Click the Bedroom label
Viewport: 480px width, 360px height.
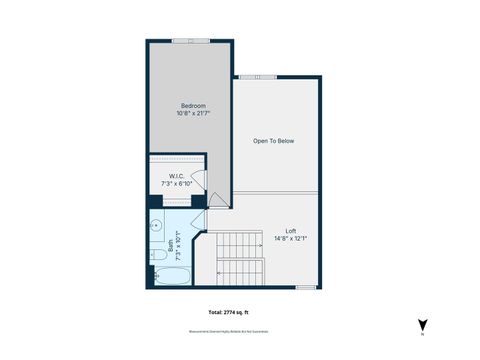click(192, 106)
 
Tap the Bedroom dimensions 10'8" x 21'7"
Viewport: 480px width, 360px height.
click(192, 114)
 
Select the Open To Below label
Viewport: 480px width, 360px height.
click(273, 141)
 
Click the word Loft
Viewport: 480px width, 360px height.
click(290, 231)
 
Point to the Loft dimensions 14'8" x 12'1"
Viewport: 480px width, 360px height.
click(290, 238)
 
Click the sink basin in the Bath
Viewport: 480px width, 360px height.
click(156, 229)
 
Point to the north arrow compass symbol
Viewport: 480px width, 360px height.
click(423, 324)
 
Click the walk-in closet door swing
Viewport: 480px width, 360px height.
click(198, 180)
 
